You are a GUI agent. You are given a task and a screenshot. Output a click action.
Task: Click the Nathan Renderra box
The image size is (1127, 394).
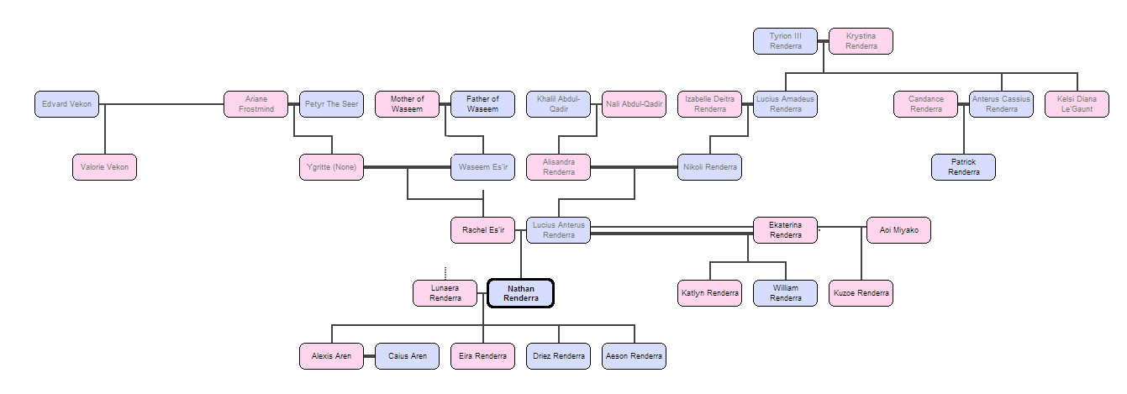pos(520,293)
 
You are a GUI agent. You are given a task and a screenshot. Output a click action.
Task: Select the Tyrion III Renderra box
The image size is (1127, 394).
pos(786,41)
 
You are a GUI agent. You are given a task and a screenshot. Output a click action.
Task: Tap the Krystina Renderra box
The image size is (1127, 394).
pos(861,41)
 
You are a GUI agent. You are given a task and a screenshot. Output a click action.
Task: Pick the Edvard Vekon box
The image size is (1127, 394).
pos(67,104)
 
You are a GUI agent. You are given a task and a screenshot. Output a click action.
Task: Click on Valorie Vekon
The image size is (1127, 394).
pos(104,167)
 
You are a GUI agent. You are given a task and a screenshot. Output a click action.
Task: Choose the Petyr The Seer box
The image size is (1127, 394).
pos(331,104)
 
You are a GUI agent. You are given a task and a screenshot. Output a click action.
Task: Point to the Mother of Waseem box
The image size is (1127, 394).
pos(407,104)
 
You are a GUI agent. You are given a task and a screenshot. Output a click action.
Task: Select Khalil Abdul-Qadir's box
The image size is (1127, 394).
pos(558,104)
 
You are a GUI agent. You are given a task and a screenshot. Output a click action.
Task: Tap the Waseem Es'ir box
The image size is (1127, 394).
pos(482,167)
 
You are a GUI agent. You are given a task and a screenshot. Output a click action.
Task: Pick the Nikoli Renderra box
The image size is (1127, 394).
pos(709,167)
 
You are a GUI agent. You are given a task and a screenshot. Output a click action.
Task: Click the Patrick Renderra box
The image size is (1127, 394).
pos(963,167)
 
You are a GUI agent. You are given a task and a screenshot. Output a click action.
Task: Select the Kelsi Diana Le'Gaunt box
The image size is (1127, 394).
pos(1077,104)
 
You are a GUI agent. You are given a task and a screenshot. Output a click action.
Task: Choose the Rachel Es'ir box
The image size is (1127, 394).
pos(482,230)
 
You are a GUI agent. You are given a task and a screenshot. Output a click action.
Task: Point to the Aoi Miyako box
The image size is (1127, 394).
pos(898,230)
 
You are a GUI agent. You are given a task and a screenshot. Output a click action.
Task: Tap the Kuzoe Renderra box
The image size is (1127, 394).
pos(861,293)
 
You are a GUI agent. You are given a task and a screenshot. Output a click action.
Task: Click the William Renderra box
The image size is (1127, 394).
pos(785,293)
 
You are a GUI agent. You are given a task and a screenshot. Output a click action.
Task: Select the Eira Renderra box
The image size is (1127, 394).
pos(482,356)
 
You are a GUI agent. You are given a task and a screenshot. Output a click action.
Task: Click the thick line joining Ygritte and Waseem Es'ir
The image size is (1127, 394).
pos(407,167)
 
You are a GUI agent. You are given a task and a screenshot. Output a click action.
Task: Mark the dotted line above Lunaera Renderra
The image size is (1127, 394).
pos(445,273)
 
